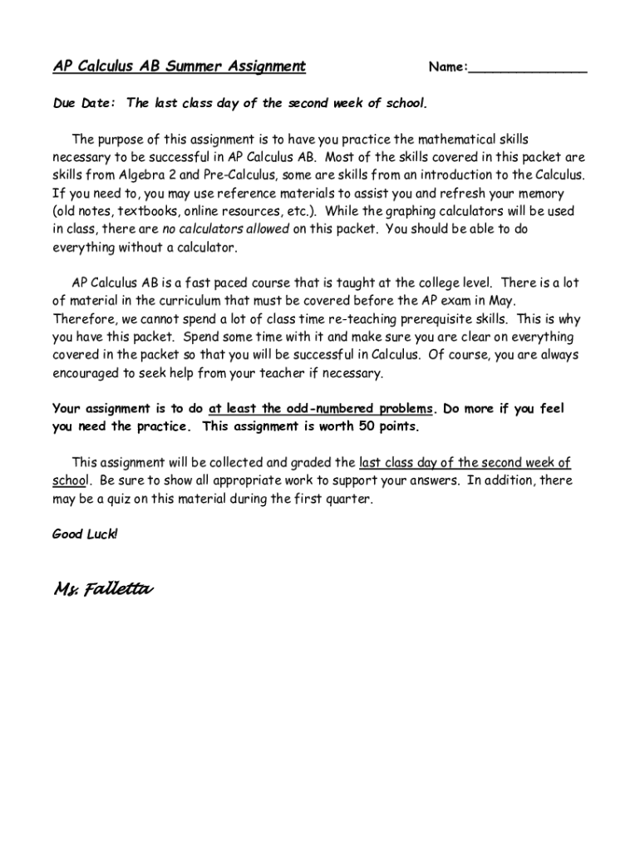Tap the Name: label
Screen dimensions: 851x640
(x=448, y=67)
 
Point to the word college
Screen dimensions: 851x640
(x=425, y=283)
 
